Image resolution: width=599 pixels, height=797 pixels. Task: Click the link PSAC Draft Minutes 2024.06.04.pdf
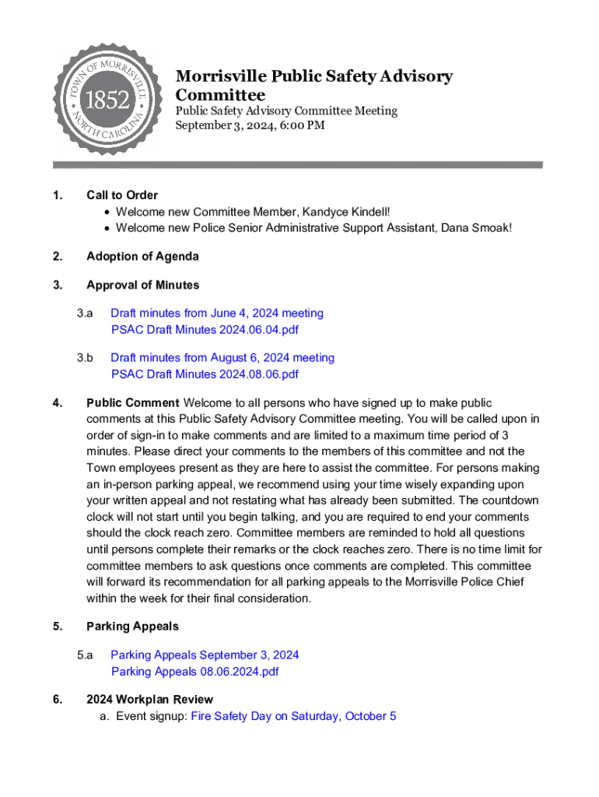205,329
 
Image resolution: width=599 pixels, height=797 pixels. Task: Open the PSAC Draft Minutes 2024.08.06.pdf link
205,374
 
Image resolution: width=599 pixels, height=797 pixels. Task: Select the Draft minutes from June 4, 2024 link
216,313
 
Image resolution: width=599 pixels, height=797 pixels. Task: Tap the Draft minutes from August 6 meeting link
222,358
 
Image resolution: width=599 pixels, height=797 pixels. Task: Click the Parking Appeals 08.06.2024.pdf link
194,671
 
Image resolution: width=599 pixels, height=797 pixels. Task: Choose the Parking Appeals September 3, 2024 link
205,655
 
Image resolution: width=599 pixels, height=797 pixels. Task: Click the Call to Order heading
122,195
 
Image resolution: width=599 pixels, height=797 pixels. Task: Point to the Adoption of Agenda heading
142,256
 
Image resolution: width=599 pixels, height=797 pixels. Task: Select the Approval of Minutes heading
142,285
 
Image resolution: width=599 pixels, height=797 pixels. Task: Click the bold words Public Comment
133,402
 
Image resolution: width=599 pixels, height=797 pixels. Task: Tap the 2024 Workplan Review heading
149,700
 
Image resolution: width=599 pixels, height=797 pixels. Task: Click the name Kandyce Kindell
346,212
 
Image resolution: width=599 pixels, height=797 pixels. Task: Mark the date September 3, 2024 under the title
219,125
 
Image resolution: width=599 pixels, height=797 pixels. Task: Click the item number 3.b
85,358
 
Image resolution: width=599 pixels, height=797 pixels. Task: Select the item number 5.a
85,655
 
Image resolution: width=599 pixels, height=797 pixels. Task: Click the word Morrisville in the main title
222,76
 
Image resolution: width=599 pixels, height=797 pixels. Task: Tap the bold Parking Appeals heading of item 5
132,626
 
